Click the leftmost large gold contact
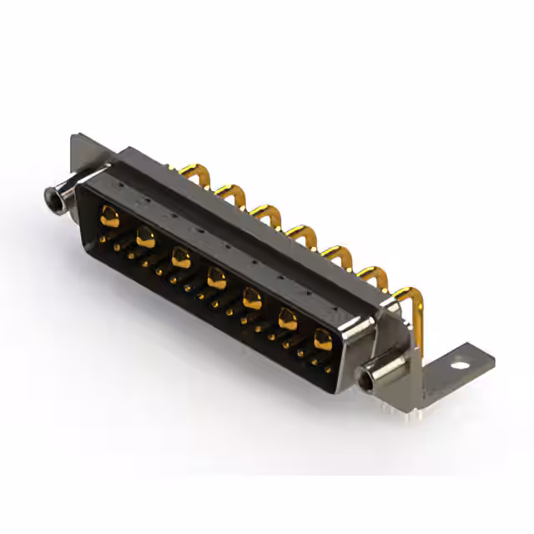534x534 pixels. click(x=109, y=216)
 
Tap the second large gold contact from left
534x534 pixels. click(x=145, y=237)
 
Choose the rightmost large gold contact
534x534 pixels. click(x=323, y=340)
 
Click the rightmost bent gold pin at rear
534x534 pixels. click(x=409, y=296)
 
